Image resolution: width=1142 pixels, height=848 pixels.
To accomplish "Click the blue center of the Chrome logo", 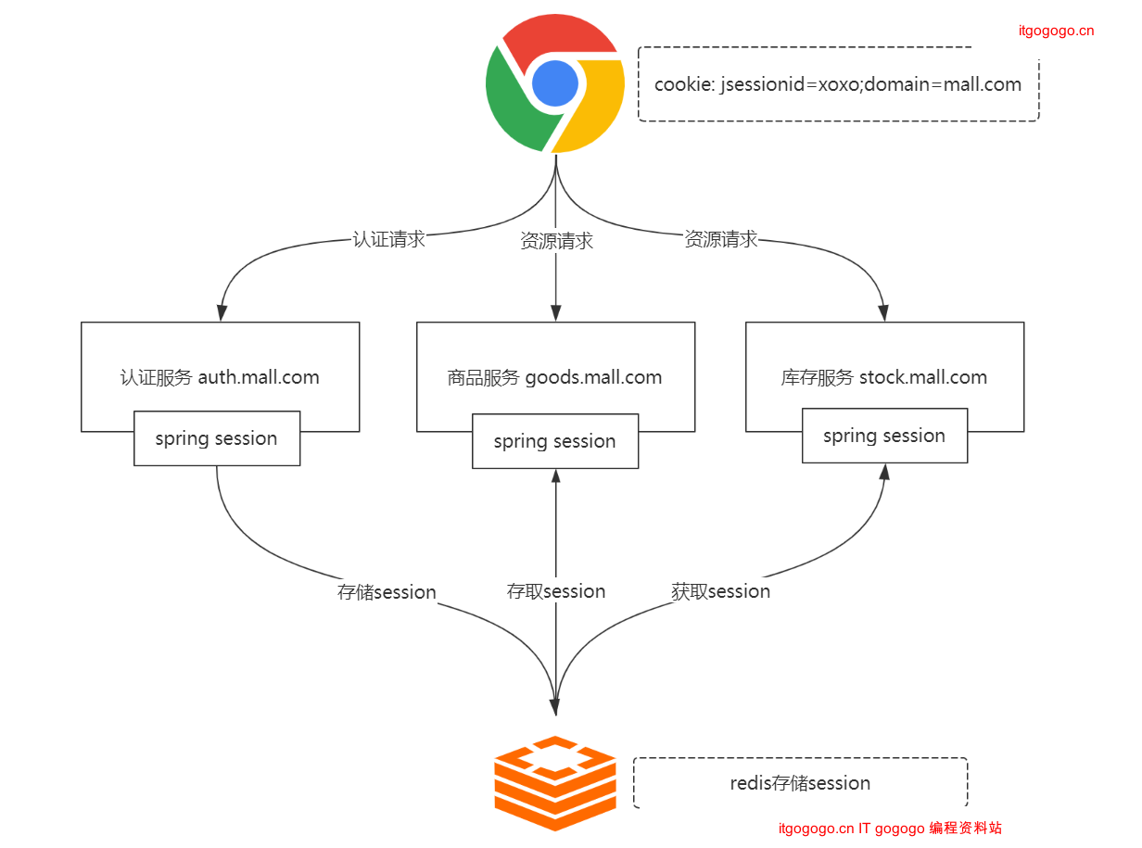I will [x=555, y=83].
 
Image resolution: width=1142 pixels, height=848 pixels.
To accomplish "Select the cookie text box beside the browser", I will [x=838, y=84].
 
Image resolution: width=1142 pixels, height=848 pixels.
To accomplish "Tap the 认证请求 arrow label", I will [x=389, y=239].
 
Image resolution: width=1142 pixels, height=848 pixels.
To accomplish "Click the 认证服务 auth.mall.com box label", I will [x=220, y=377].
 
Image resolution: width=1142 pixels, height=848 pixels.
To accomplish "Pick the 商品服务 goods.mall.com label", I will [x=554, y=377].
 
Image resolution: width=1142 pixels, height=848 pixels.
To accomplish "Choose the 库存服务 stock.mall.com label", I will [x=883, y=377].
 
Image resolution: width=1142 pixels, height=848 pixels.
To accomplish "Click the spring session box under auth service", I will [x=216, y=438].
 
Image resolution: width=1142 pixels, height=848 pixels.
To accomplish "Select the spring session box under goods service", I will [x=554, y=441].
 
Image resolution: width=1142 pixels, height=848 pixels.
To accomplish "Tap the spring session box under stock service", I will [x=884, y=436].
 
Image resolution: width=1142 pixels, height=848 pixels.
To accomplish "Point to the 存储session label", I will [x=387, y=592].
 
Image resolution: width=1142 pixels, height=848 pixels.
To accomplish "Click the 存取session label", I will [x=556, y=591].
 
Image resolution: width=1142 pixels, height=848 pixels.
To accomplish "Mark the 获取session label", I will [x=720, y=591].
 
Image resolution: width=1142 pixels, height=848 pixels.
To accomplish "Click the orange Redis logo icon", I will [x=555, y=783].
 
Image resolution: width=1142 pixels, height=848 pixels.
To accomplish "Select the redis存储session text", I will [x=800, y=783].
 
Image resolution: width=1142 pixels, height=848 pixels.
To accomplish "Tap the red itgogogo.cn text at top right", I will [x=1056, y=31].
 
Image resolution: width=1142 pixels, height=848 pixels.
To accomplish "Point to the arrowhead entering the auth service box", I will [x=221, y=313].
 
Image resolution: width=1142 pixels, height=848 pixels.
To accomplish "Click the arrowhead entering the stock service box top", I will [x=884, y=313].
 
